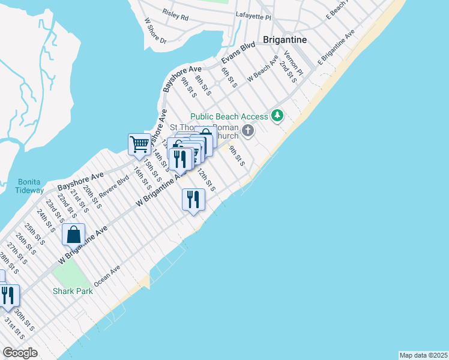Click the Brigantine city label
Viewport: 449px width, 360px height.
pos(285,40)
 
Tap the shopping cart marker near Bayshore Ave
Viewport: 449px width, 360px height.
pos(139,144)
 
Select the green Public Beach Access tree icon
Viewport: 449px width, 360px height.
pos(277,115)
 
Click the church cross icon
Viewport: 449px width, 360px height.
pos(248,130)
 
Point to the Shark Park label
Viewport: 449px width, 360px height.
pos(71,292)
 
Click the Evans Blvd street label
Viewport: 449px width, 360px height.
pos(239,53)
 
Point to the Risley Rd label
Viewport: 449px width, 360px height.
pos(175,14)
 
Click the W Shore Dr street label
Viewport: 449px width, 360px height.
pos(155,30)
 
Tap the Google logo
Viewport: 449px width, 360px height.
pos(20,352)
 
